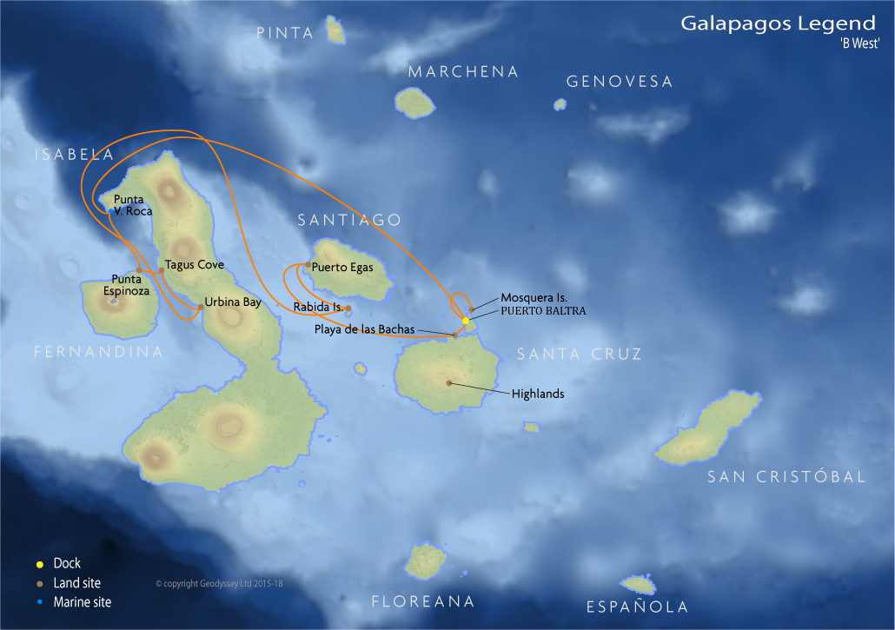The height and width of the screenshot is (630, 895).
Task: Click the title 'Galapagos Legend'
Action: (x=778, y=23)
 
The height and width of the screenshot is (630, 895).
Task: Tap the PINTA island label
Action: (x=285, y=33)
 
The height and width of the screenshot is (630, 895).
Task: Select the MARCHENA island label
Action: (x=463, y=71)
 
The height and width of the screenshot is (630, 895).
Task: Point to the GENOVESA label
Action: (x=620, y=82)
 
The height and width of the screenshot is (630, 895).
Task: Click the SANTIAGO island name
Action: (x=349, y=220)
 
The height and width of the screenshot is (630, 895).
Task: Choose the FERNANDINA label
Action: (x=98, y=352)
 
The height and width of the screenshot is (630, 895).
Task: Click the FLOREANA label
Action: (x=423, y=601)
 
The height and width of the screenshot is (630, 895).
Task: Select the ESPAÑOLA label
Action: (x=637, y=607)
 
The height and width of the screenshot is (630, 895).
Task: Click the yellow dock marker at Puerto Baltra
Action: (x=466, y=321)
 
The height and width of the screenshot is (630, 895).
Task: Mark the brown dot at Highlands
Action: (x=449, y=382)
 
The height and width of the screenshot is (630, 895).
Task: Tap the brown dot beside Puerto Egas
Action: (x=308, y=265)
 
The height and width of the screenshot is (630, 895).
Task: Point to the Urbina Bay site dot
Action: (x=201, y=307)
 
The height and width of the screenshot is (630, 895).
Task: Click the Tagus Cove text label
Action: (x=195, y=264)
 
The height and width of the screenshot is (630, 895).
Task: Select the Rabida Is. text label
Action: (x=317, y=307)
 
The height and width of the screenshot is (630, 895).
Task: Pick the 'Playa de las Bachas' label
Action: (x=364, y=329)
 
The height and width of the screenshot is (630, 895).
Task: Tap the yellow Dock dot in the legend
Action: (x=40, y=564)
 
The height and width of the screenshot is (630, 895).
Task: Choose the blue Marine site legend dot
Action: (x=40, y=601)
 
